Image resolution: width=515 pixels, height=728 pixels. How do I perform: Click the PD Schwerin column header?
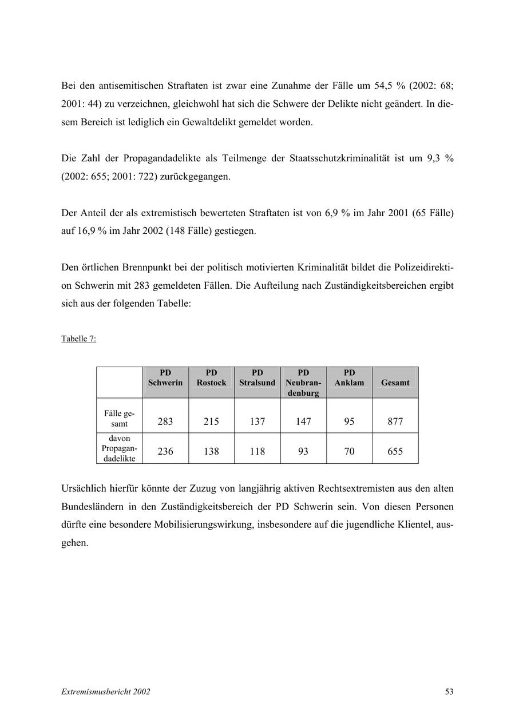pos(165,378)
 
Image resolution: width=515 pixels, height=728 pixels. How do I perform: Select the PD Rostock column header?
pos(211,378)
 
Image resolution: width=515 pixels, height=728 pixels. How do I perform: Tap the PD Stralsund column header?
pos(257,378)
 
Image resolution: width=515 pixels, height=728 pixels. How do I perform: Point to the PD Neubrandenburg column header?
pos(303,383)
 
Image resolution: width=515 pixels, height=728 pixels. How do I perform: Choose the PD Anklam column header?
pos(349,378)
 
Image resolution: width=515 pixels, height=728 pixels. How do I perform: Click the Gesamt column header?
pos(395,383)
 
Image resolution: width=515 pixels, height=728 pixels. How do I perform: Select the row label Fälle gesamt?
pos(119,419)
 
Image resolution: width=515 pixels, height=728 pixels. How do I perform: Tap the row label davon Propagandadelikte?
pos(119,448)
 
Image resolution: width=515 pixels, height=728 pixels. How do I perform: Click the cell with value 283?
pos(165,421)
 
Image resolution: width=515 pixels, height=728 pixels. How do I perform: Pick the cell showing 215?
pos(211,421)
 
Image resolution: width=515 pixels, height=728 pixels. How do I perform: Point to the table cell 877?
pos(395,421)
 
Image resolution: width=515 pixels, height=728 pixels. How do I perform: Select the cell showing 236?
pos(165,451)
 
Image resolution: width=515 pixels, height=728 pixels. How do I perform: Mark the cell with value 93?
pos(303,451)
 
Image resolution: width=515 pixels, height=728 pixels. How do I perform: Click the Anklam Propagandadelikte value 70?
pos(349,451)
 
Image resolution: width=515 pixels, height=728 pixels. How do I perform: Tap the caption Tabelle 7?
pos(78,339)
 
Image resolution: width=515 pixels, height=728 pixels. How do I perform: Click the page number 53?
pos(449,691)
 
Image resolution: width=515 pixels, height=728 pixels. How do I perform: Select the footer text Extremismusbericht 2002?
pos(105,691)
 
